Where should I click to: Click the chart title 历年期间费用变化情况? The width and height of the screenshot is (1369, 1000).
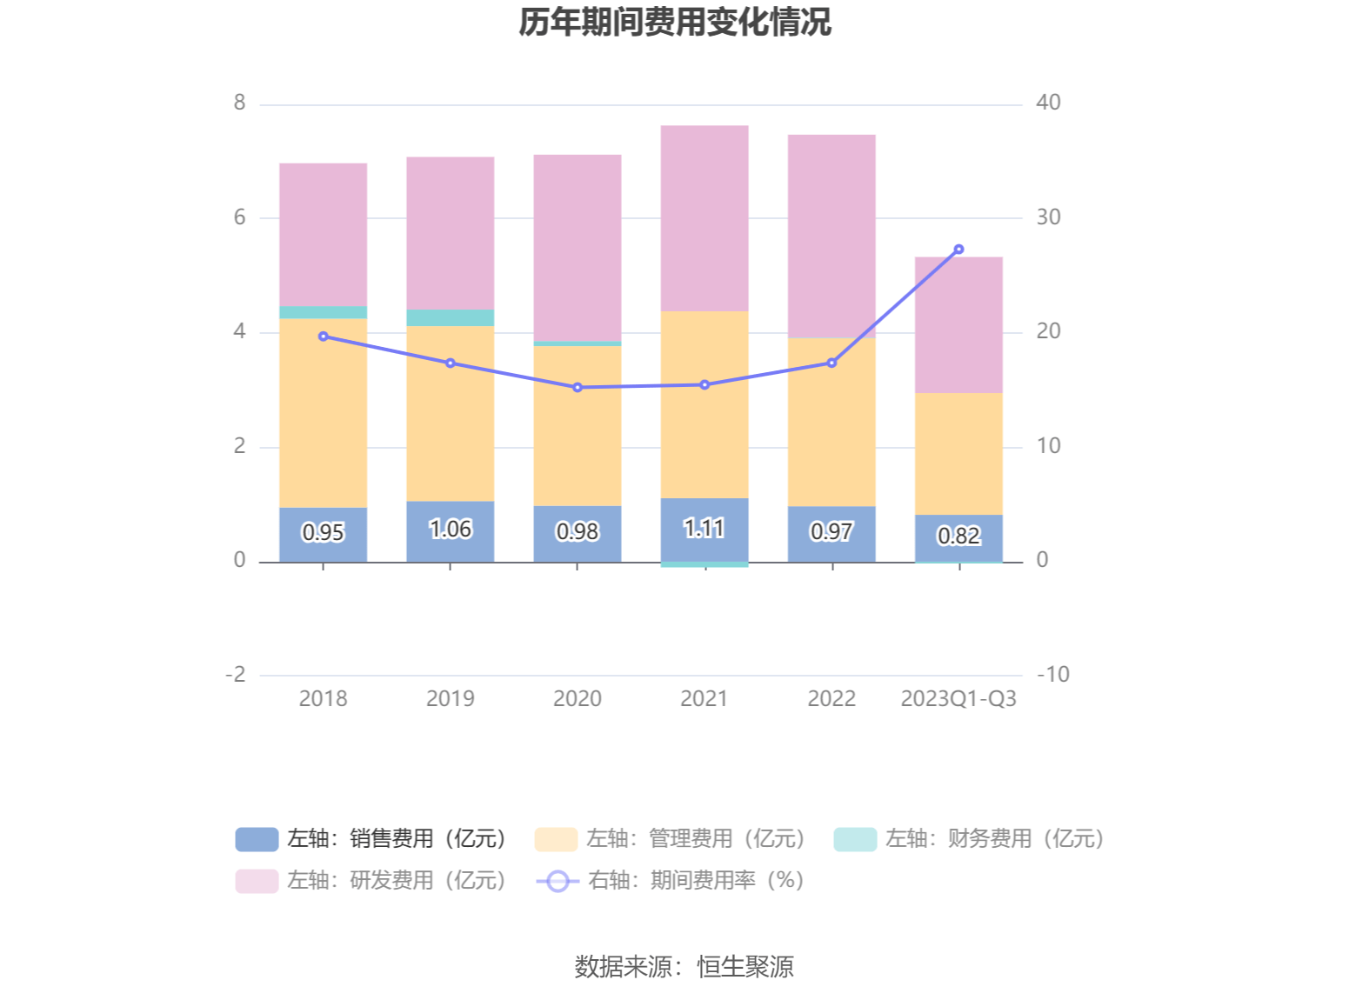click(x=675, y=23)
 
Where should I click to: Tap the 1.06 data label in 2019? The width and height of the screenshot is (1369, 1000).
click(x=451, y=529)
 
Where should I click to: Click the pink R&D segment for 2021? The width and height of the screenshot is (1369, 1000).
click(x=705, y=217)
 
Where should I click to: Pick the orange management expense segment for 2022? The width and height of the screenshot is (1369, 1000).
click(x=831, y=422)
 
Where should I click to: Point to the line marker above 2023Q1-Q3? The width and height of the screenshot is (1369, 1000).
click(x=958, y=250)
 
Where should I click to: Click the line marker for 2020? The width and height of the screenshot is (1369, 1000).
click(x=578, y=387)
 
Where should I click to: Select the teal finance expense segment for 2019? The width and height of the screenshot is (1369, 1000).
click(x=451, y=317)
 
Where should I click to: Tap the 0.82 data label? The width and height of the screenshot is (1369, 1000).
click(x=958, y=536)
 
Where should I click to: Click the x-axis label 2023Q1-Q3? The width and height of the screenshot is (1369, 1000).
click(x=958, y=698)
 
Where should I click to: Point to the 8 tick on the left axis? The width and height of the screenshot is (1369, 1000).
click(x=239, y=103)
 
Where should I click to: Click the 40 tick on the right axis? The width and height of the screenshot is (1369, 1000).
click(x=1048, y=103)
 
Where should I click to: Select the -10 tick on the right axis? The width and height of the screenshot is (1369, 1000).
click(x=1052, y=674)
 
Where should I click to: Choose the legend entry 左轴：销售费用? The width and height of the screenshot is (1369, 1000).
click(x=371, y=838)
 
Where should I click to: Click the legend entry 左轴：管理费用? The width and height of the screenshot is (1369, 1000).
click(x=670, y=838)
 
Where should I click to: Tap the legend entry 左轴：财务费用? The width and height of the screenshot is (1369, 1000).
click(x=969, y=838)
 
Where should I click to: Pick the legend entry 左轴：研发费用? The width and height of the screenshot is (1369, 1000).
click(x=371, y=880)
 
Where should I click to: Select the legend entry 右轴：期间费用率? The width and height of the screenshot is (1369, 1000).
click(x=671, y=880)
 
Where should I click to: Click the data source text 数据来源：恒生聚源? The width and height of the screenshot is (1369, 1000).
click(x=684, y=966)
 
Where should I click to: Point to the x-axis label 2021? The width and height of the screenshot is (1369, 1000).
click(x=704, y=698)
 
